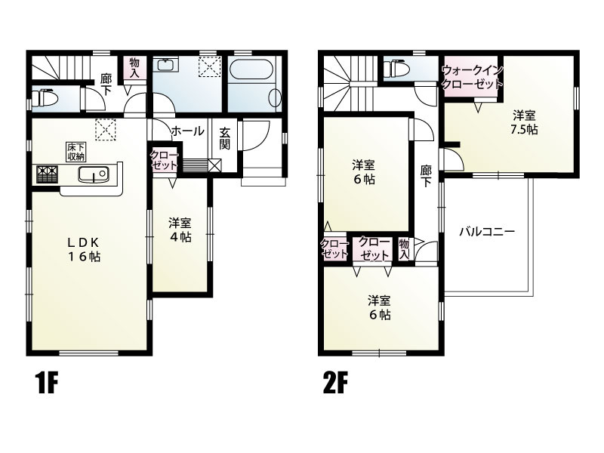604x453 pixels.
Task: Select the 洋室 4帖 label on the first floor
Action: [180, 230]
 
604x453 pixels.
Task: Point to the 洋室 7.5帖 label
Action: [523, 122]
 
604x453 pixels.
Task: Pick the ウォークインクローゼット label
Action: [472, 77]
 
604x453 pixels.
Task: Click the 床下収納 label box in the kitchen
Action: [74, 151]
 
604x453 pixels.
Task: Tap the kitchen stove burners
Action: [47, 174]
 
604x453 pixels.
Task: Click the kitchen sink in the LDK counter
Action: [94, 176]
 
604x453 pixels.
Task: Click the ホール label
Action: [187, 131]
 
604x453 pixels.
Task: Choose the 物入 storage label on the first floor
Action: [134, 67]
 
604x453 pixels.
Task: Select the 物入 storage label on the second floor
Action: [404, 248]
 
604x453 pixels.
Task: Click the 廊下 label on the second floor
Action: [426, 177]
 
